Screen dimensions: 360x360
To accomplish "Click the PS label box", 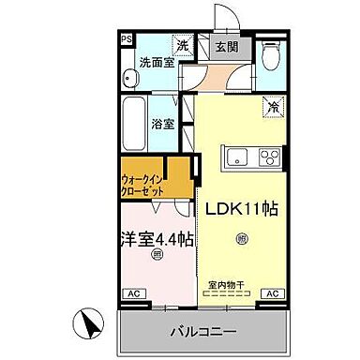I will click(125, 38).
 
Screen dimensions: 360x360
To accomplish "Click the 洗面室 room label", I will click(157, 63).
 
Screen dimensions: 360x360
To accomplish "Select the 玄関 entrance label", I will click(225, 45).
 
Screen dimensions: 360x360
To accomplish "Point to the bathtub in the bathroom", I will click(132, 122).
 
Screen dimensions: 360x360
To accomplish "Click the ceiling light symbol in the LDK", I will click(243, 240).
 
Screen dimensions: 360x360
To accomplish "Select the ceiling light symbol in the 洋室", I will click(157, 254).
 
